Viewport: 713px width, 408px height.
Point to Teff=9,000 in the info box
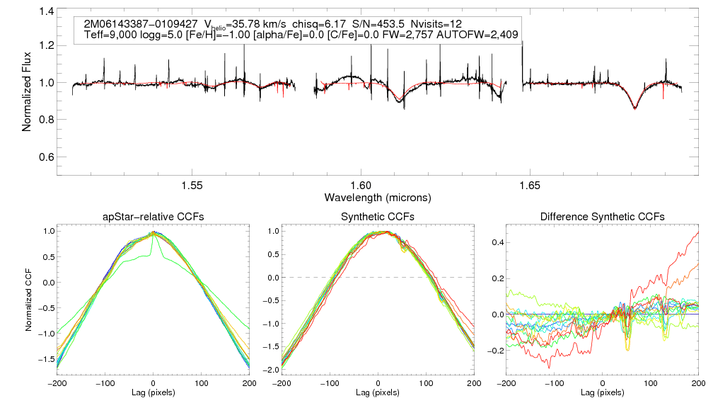(110, 34)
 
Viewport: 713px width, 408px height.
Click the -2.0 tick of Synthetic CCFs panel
(271, 370)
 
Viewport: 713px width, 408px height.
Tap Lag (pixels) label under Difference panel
(602, 392)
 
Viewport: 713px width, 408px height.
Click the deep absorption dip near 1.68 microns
(634, 108)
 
